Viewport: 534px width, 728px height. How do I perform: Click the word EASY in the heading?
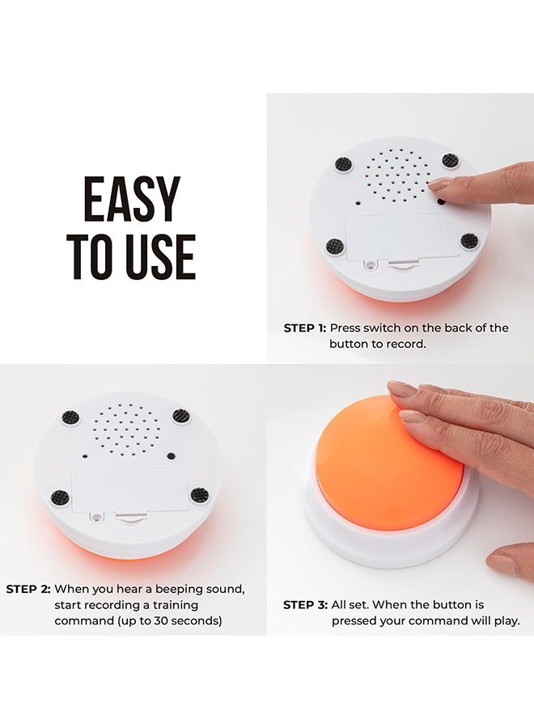(x=133, y=200)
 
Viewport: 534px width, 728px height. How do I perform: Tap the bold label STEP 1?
(x=304, y=328)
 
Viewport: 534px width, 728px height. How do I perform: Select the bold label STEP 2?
(x=28, y=589)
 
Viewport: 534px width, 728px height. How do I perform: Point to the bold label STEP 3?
(x=304, y=605)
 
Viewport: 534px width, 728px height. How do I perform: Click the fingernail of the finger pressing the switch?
(x=440, y=185)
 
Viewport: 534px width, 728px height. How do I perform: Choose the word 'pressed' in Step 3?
(x=355, y=621)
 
